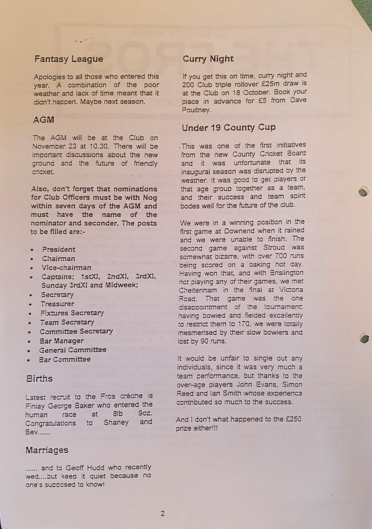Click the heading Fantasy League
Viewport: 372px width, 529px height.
68,59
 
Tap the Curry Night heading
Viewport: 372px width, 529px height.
208,59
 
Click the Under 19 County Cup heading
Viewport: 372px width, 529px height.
229,127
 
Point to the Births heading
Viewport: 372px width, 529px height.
39,378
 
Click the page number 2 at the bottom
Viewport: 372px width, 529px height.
162,514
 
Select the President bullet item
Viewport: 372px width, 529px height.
58,249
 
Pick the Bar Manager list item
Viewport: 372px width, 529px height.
62,341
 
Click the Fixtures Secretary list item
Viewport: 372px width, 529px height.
72,313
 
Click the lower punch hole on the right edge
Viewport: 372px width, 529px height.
364,339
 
